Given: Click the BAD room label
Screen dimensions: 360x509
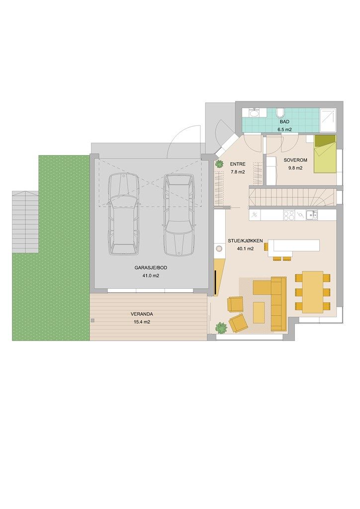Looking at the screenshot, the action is [x=284, y=122].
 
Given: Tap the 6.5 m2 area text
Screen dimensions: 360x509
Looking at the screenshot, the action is [x=284, y=130].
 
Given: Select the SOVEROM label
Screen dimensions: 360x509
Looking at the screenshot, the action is [x=295, y=160].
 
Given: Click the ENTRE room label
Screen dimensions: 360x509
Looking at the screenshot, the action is [x=238, y=164].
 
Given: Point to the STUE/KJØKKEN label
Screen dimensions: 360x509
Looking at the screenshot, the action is [x=246, y=241].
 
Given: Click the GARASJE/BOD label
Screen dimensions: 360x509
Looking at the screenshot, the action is [x=151, y=268].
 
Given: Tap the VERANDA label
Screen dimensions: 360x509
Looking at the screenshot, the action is [x=142, y=314].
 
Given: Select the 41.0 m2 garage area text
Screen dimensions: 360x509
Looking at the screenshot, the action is [x=151, y=276].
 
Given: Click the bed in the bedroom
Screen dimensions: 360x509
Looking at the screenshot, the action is [x=325, y=154].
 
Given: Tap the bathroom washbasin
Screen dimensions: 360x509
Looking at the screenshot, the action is [x=254, y=113].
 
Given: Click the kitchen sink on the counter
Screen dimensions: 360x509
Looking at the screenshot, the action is [x=313, y=215].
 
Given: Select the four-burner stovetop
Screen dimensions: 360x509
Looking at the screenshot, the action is [x=288, y=215].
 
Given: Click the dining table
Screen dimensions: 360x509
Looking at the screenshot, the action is [x=313, y=292].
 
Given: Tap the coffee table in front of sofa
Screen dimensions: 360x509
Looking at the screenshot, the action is [x=259, y=313].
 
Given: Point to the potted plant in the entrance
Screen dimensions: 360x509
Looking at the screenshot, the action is [x=219, y=164].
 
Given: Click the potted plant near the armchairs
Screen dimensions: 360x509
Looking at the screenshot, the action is [x=221, y=328].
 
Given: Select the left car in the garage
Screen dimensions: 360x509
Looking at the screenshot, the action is [x=123, y=214].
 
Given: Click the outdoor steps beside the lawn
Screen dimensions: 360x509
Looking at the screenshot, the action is [x=25, y=222].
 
